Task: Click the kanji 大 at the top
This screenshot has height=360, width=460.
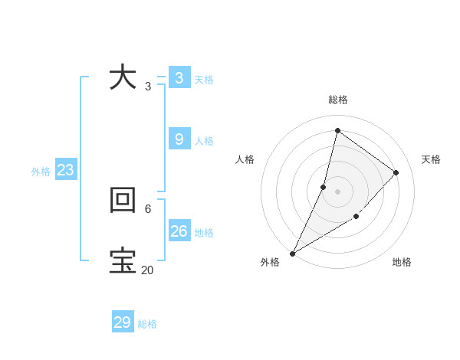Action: pyautogui.click(x=123, y=77)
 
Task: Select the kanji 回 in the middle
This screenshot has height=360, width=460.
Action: pyautogui.click(x=123, y=200)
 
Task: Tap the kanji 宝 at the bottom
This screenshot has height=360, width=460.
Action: pyautogui.click(x=123, y=260)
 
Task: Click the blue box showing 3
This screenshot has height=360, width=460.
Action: pyautogui.click(x=179, y=77)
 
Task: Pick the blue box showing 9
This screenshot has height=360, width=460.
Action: pyautogui.click(x=179, y=139)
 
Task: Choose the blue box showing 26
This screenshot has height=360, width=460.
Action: pyautogui.click(x=179, y=231)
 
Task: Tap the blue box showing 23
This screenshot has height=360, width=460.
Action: pyautogui.click(x=65, y=170)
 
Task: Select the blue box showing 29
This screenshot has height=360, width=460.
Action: pyautogui.click(x=123, y=322)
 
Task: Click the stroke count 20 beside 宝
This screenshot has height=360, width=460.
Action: pyautogui.click(x=147, y=270)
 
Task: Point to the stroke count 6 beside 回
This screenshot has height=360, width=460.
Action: pyautogui.click(x=147, y=208)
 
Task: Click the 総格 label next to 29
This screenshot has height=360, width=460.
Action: pyautogui.click(x=147, y=324)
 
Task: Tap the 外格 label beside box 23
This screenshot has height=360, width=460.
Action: pyautogui.click(x=41, y=172)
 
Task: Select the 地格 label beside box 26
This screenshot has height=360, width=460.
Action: pyautogui.click(x=204, y=232)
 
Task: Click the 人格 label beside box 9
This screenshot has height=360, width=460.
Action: pyautogui.click(x=204, y=141)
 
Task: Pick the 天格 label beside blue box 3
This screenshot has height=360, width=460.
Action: pyautogui.click(x=204, y=80)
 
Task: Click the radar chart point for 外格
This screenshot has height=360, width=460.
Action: pyautogui.click(x=292, y=254)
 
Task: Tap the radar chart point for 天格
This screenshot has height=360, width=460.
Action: pyautogui.click(x=396, y=172)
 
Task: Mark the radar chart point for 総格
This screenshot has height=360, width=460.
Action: pyautogui.click(x=337, y=130)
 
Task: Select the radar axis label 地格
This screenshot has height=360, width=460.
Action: pyautogui.click(x=402, y=262)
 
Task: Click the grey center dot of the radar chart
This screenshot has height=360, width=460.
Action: pyautogui.click(x=337, y=191)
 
